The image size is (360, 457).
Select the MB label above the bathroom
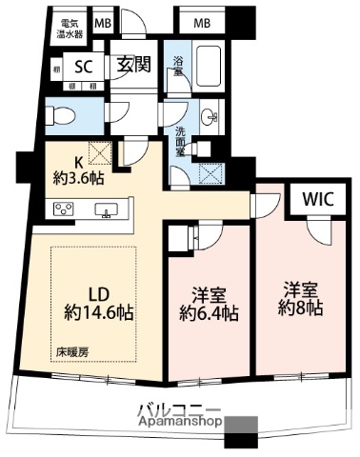[203, 22]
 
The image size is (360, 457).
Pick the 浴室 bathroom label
[178, 68]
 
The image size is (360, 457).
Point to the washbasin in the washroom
[211, 117]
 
